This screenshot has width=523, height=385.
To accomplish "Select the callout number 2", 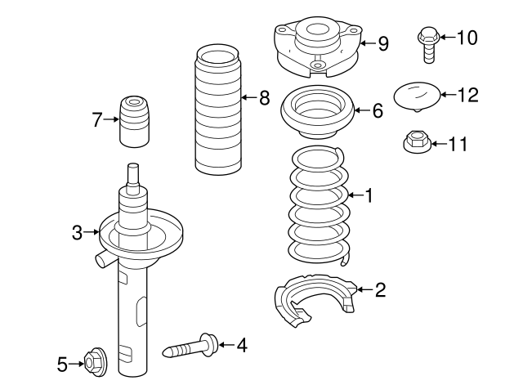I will [x=380, y=289].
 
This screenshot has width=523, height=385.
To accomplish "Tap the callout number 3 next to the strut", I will [x=77, y=233].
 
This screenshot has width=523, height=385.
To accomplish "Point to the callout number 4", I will [x=241, y=345].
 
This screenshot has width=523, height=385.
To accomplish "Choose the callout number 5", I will [x=62, y=365].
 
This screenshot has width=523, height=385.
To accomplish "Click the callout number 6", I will [x=377, y=111].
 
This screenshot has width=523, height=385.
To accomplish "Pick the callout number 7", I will [x=97, y=120].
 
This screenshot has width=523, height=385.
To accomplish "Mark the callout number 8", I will [x=264, y=99].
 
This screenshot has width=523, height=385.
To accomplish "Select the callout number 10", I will [x=465, y=37].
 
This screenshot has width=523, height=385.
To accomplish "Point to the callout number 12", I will [x=467, y=96].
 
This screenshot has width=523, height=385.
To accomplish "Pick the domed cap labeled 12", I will [x=417, y=96].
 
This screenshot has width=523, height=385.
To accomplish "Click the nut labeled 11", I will [x=416, y=144].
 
